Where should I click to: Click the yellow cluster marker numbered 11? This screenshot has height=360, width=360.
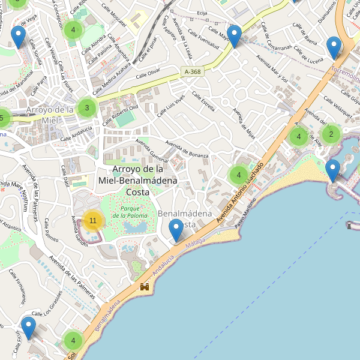(x=93, y=221)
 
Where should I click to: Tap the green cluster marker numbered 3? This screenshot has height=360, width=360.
(x=87, y=108)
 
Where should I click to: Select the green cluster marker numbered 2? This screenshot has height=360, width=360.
(x=331, y=134)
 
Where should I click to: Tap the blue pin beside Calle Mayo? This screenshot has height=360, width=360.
(x=234, y=36)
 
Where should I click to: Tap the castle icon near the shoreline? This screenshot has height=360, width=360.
(x=145, y=287)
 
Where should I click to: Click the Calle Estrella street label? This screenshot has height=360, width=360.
(x=203, y=101)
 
